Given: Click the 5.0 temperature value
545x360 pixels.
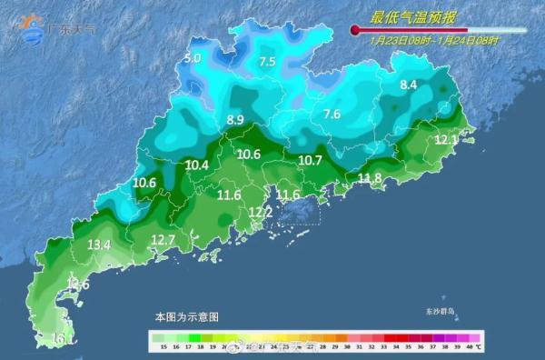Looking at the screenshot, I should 192,59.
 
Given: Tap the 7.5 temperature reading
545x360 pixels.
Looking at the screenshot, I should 267,62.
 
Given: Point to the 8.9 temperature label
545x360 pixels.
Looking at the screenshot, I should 235,120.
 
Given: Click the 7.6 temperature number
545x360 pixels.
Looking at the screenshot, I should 332,115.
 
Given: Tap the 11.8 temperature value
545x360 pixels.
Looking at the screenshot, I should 370,178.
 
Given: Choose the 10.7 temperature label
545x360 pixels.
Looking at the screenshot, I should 311,160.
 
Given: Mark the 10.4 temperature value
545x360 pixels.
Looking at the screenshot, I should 197,165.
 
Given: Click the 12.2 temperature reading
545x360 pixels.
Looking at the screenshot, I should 261,213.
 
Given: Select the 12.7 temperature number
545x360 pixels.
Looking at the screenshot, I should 163,240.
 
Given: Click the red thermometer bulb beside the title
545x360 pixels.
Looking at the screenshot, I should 354,31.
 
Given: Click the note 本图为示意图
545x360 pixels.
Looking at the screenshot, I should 186,317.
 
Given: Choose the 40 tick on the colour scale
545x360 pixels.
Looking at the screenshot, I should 461,347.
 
